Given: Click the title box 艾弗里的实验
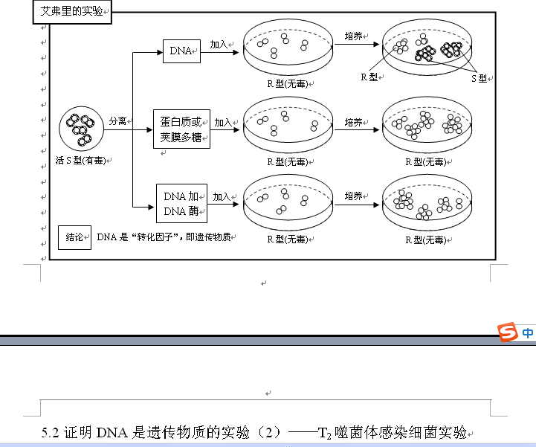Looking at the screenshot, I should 72,13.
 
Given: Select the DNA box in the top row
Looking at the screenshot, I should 180,51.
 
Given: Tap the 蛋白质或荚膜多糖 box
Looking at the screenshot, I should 181,129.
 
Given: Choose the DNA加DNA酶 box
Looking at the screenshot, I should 181,204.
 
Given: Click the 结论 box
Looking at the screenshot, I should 74,238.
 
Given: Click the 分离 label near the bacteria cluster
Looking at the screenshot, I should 117,120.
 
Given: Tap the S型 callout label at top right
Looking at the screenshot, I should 479,78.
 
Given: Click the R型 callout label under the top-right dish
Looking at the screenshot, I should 369,77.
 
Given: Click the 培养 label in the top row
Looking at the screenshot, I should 354,36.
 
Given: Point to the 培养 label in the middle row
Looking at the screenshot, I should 354,122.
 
